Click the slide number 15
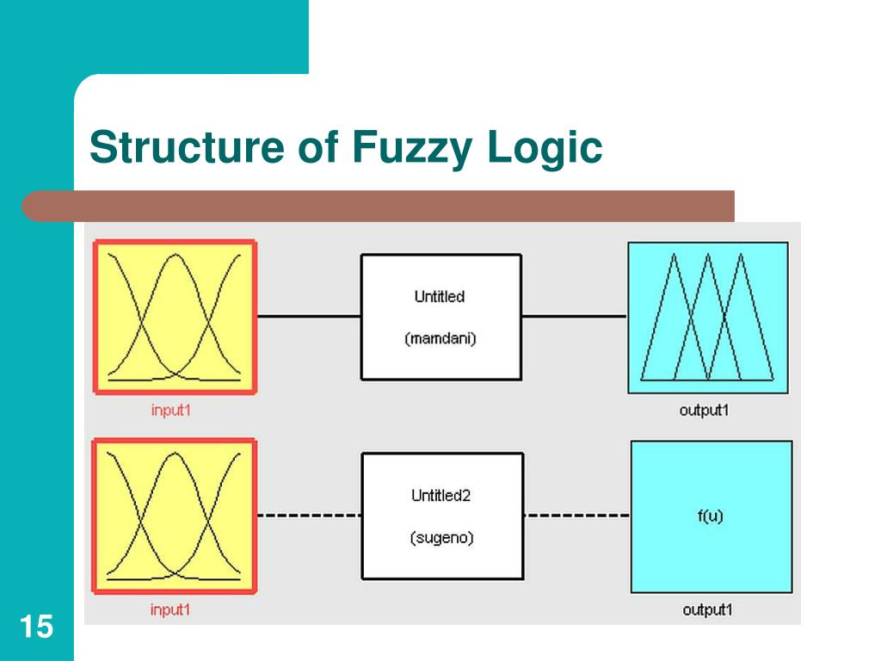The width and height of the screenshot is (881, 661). pyautogui.click(x=36, y=627)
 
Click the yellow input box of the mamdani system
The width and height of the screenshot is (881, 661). pyautogui.click(x=176, y=318)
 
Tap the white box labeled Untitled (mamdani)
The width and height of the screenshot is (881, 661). pyautogui.click(x=440, y=317)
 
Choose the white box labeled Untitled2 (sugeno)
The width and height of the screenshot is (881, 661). pyautogui.click(x=442, y=516)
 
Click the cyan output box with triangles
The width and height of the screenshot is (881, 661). pyautogui.click(x=707, y=318)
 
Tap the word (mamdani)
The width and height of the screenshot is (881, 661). pyautogui.click(x=440, y=338)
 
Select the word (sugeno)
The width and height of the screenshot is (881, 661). pyautogui.click(x=441, y=538)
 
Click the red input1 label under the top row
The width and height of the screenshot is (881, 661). pyautogui.click(x=170, y=411)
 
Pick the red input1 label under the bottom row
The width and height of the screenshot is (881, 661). pyautogui.click(x=170, y=610)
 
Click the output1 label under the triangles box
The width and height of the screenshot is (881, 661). pyautogui.click(x=704, y=411)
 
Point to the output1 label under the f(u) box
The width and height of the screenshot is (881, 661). pyautogui.click(x=706, y=610)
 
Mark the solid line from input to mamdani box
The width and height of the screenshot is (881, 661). pyautogui.click(x=309, y=316)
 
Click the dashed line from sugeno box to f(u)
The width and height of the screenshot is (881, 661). pyautogui.click(x=576, y=516)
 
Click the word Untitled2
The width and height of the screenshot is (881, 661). pyautogui.click(x=441, y=496)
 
